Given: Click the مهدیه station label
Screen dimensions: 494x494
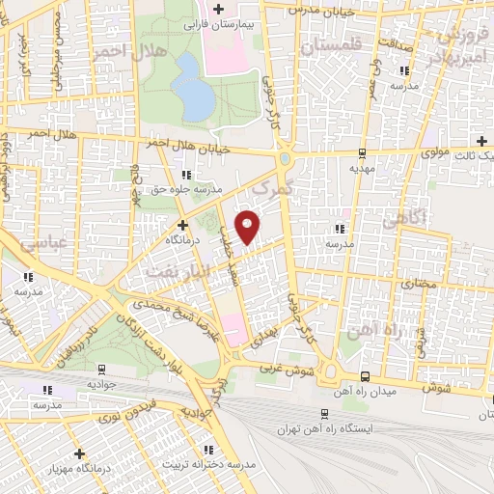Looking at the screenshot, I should (x=362, y=166).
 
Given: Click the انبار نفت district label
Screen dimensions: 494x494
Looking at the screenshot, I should (x=175, y=271).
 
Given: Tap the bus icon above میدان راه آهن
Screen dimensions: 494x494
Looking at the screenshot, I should (x=364, y=375).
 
